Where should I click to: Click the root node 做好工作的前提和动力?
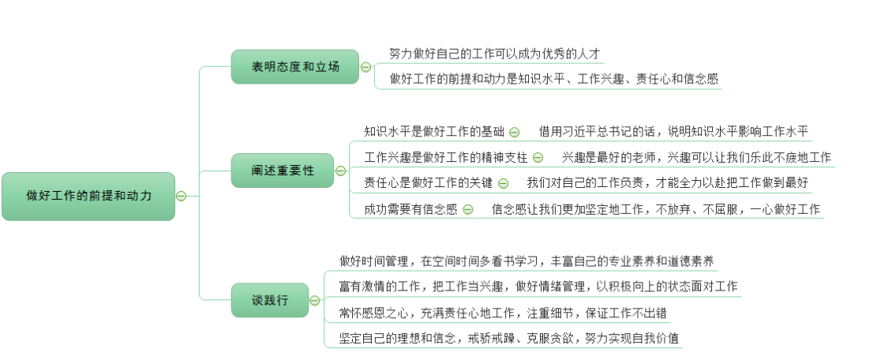click(88, 196)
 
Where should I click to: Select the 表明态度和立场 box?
click(294, 67)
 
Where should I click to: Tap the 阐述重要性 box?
click(282, 171)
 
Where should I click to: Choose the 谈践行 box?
click(269, 300)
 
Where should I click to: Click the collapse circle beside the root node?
click(181, 196)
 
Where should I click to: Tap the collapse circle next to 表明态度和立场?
click(365, 67)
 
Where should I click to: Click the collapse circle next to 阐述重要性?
click(340, 171)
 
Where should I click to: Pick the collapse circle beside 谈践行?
click(315, 300)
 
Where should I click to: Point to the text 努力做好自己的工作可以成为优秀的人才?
click(495, 54)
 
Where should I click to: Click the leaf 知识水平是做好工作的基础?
click(434, 132)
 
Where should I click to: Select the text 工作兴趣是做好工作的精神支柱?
click(446, 158)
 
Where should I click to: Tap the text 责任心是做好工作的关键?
click(428, 183)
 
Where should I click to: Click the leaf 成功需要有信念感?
click(410, 209)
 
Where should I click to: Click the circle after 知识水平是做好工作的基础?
click(514, 132)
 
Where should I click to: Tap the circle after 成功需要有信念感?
click(468, 209)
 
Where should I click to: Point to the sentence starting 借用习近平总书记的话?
click(673, 132)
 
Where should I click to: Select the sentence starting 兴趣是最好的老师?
click(696, 158)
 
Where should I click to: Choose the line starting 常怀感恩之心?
click(503, 313)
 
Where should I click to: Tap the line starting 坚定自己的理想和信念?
click(509, 338)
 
